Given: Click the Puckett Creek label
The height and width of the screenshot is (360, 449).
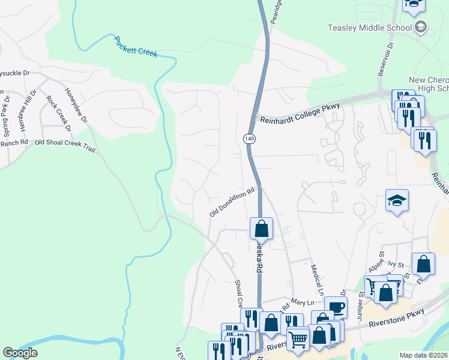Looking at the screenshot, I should [136, 46].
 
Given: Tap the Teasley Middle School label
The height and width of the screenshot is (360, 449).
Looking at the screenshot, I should [369, 28].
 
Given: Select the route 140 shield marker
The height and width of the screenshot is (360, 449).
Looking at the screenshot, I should [249, 139].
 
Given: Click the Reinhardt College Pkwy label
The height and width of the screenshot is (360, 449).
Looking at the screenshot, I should [300, 113].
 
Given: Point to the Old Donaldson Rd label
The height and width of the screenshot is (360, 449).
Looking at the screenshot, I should [232, 202].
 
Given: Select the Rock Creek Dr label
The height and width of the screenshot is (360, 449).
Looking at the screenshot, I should [59, 113].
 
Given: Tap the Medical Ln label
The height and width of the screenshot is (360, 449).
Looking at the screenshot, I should [317, 278].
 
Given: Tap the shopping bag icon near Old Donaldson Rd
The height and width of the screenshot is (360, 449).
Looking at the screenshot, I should [261, 228].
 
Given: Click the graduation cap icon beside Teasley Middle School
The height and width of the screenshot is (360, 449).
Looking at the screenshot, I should [421, 26].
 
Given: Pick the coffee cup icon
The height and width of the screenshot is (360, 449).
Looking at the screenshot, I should [336, 307].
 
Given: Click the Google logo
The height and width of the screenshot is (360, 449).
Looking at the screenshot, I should [20, 353].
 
